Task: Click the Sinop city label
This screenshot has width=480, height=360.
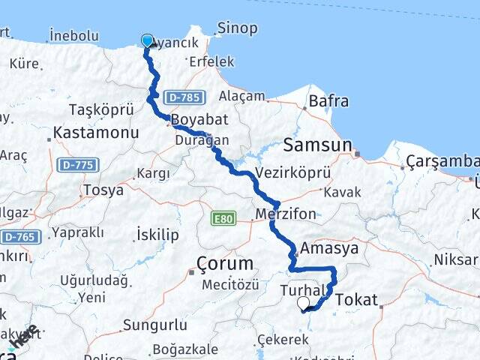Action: tap(236, 28)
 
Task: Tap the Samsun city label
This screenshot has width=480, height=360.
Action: tap(318, 145)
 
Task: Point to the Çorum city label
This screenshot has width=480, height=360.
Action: tap(224, 262)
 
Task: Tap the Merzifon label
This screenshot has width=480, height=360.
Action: tap(285, 214)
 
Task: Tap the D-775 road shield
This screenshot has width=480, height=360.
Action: tap(76, 164)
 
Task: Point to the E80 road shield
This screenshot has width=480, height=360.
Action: tap(223, 219)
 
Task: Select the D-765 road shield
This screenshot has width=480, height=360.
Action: tap(19, 237)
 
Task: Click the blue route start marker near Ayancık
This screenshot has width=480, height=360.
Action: tap(147, 40)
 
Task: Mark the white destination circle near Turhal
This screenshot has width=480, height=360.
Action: tap(304, 303)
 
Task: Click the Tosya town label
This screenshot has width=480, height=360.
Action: tap(104, 190)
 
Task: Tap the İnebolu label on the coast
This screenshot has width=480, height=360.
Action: tap(73, 35)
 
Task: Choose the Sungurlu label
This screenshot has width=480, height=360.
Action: tap(154, 325)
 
